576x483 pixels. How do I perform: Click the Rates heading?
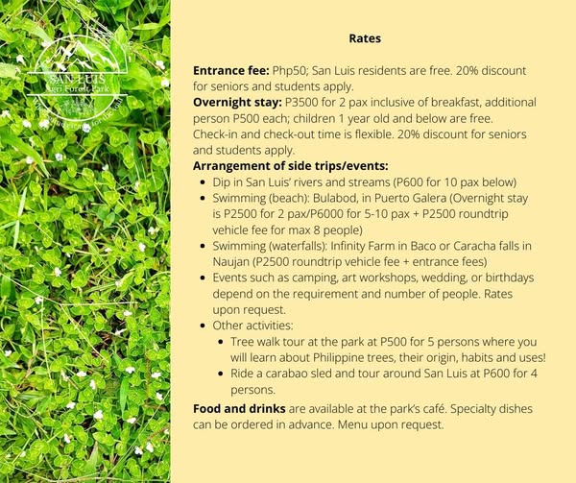[365, 40]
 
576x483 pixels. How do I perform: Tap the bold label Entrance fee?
[230, 71]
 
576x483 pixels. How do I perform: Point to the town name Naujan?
[231, 262]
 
